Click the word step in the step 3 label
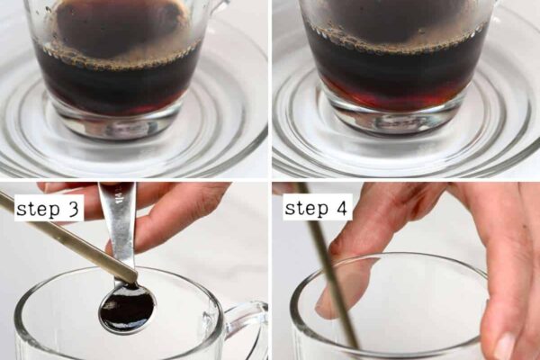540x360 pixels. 38,209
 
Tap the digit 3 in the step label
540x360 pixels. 74,208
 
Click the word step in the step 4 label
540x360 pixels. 306,208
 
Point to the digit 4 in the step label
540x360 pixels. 341,207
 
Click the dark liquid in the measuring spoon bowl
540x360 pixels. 128,308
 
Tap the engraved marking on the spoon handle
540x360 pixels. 119,195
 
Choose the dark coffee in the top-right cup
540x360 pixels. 396,69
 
